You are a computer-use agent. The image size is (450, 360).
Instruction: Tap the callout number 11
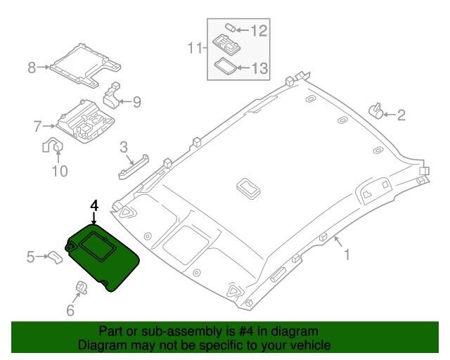coord(196,48)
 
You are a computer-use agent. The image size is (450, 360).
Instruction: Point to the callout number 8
coord(31,67)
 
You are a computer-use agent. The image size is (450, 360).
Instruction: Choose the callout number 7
coord(37,127)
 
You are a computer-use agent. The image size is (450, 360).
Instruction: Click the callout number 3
coord(123,148)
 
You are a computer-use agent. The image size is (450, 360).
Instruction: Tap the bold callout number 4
coord(94,205)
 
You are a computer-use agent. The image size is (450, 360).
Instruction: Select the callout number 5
coord(31,257)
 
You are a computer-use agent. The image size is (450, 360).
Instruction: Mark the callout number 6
coord(70,310)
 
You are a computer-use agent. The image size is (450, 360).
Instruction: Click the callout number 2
coord(401,115)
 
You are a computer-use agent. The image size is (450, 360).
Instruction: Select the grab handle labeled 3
coord(134,167)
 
